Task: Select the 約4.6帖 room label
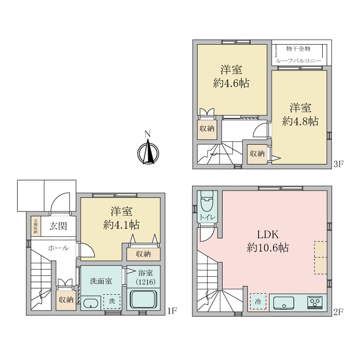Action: point(231,83)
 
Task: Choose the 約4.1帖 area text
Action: point(121,225)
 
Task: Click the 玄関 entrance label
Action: point(58,226)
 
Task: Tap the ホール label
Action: point(58,247)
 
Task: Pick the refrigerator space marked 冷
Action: point(258,301)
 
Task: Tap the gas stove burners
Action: point(314,302)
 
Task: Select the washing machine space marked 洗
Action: point(111,302)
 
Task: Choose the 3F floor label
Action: point(338,164)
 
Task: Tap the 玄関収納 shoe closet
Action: point(35,226)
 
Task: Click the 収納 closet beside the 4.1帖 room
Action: point(143,254)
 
